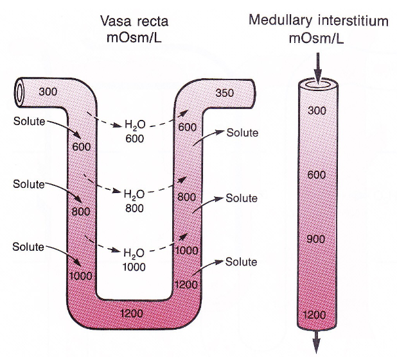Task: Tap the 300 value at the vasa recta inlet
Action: coord(48,91)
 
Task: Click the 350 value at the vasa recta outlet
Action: coord(225,92)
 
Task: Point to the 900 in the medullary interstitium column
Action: coord(317,239)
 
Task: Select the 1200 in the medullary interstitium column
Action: coord(315,315)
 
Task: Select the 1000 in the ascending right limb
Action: coord(186,251)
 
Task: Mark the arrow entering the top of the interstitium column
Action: coord(316,65)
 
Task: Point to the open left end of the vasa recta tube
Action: coord(21,93)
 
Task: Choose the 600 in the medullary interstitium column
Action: coord(317,174)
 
